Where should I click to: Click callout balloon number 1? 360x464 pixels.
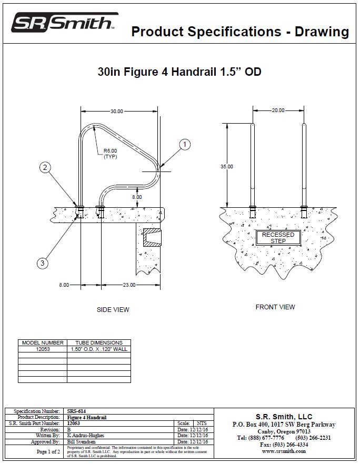coord(184,144)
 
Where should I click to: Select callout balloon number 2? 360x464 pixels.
coord(46,168)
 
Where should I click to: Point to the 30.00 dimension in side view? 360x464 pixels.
coord(116,112)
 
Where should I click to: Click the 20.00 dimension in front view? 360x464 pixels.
coord(278,110)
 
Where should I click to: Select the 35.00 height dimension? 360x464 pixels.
coord(226,166)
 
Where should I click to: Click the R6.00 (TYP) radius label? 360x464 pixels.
coord(110,154)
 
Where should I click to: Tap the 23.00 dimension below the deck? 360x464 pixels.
coord(129,285)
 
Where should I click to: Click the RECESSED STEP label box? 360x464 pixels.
coord(278,238)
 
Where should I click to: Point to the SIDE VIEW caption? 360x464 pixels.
coord(113,310)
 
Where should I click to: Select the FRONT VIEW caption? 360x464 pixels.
coord(275,307)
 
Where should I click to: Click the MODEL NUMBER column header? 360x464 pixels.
coord(43,342)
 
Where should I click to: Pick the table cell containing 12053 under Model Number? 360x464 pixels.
coord(43,349)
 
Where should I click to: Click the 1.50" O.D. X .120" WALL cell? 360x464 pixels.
coord(99,349)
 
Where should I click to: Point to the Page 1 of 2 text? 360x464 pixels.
coord(48,451)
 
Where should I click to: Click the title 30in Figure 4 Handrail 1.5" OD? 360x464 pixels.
coord(179,72)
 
